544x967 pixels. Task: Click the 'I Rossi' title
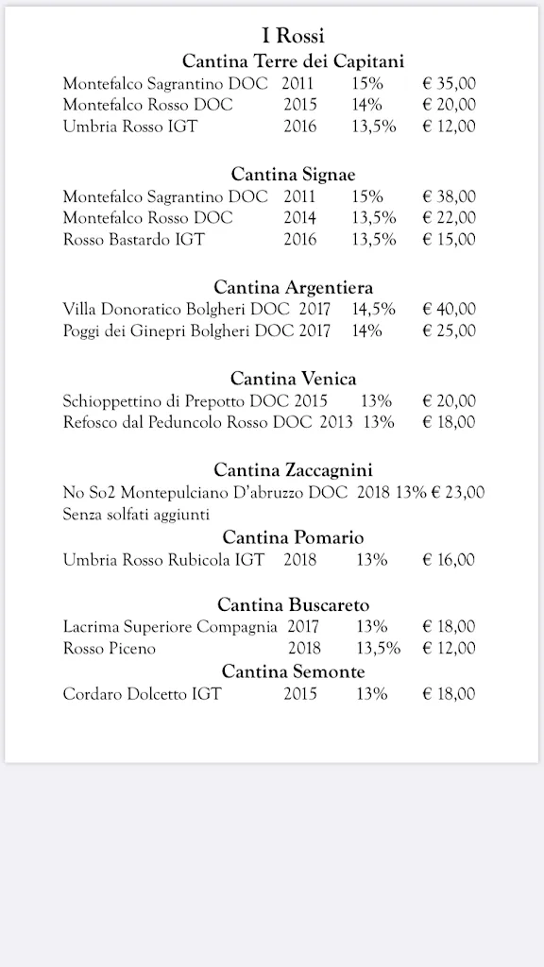pos(293,36)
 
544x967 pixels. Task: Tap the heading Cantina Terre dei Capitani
pos(293,60)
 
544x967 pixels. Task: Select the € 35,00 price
pos(449,82)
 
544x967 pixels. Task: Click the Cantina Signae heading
pos(293,174)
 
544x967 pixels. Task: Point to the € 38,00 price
pos(449,196)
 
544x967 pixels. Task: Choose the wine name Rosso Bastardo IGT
pos(133,240)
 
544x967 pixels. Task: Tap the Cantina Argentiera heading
pos(293,287)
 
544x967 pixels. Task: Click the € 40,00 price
pos(449,309)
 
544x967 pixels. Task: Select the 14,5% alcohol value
pos(374,309)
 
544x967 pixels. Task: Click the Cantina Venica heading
pos(293,379)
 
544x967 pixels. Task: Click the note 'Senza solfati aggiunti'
pos(136,514)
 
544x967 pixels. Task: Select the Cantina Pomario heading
pos(293,537)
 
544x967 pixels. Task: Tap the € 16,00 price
pos(449,559)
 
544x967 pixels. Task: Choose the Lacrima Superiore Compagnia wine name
pos(170,626)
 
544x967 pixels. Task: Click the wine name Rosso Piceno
pos(110,648)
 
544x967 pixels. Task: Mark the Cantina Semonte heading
pos(293,671)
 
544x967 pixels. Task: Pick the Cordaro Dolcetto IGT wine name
pos(142,694)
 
